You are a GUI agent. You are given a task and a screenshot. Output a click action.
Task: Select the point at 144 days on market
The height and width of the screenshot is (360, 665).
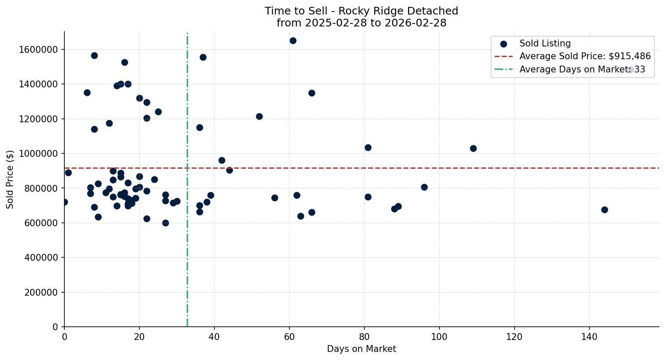(604, 210)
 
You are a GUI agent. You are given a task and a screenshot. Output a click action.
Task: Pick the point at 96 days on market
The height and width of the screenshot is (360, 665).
(424, 187)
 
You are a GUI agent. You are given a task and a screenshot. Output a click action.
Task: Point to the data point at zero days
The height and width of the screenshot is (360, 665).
(64, 202)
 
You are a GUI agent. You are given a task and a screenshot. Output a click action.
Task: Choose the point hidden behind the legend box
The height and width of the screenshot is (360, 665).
(631, 69)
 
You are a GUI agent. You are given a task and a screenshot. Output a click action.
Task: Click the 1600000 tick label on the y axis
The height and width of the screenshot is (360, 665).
(38, 49)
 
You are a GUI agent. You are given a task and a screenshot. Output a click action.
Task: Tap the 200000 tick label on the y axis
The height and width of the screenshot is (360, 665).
(40, 292)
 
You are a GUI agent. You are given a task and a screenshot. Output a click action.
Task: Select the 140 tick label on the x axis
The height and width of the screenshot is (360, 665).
(590, 336)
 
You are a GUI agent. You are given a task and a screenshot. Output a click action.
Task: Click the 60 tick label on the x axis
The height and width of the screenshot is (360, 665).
(289, 336)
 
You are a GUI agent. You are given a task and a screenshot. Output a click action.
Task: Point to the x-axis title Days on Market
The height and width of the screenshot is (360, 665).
(361, 349)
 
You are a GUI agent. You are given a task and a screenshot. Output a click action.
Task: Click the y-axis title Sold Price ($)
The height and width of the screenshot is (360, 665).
(10, 179)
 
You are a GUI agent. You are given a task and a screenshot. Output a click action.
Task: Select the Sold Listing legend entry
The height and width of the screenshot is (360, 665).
(545, 43)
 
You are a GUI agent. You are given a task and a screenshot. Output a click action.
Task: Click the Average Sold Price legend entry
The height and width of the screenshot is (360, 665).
(585, 56)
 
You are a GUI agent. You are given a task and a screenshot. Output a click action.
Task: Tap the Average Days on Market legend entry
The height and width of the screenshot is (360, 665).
(582, 69)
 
